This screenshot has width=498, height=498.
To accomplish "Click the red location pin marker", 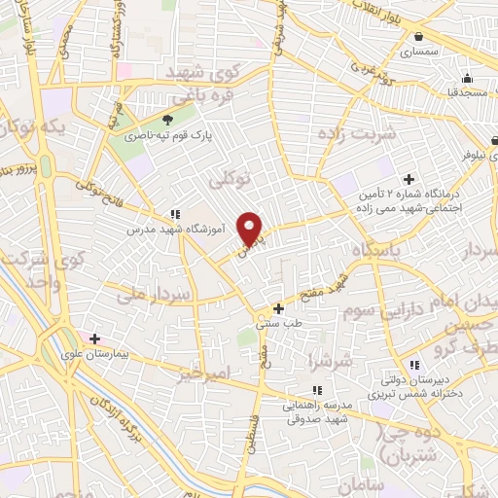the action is [x=251, y=229].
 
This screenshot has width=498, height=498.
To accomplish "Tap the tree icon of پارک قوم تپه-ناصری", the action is [x=167, y=120].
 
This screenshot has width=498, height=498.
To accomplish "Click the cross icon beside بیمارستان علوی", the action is [x=94, y=339].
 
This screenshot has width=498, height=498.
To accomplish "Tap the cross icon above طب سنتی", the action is [x=278, y=308].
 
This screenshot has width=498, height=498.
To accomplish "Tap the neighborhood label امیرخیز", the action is [x=204, y=373].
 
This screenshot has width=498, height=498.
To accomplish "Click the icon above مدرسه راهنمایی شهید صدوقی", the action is [x=317, y=390].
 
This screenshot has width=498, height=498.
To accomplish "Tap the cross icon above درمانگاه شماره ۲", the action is [x=409, y=179].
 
